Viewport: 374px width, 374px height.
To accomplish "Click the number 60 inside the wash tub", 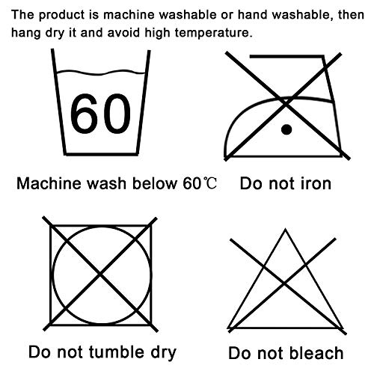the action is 100,114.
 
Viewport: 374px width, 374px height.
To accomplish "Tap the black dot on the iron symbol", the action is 286,129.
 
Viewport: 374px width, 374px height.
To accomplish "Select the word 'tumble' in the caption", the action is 117,352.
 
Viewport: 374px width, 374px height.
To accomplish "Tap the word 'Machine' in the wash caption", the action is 49,184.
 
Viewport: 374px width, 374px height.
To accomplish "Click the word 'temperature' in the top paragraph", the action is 214,33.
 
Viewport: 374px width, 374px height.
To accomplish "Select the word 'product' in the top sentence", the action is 61,15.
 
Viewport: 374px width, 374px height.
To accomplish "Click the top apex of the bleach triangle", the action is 285,229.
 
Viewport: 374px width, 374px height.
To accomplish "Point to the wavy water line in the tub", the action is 101,73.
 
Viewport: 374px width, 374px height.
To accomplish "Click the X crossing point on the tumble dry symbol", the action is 100,275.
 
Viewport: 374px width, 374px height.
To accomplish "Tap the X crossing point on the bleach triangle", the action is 284,283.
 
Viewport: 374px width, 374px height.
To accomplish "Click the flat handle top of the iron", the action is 287,57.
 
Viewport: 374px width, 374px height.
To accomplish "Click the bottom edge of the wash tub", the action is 101,154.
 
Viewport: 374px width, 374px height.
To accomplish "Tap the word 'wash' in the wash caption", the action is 106,184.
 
